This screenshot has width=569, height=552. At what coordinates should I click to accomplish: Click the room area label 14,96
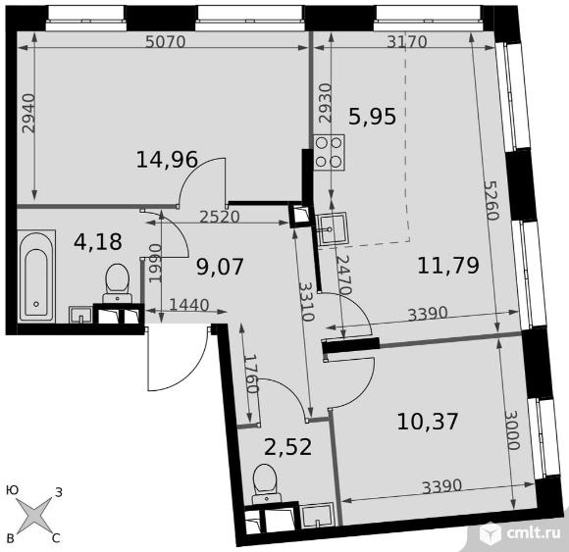pos(167,160)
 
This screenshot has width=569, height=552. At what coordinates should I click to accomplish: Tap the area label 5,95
pos(372,117)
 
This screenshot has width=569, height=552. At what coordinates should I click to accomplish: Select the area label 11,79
pos(448,265)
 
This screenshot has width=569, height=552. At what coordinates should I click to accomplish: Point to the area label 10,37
pos(428,422)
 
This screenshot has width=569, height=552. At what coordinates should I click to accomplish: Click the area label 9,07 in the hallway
pos(220,267)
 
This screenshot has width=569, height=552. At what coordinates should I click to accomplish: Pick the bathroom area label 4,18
pos(98,242)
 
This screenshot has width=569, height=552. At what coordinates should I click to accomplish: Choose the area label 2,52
pos(287,447)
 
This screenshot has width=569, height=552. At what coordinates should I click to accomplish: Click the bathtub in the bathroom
pos(36,276)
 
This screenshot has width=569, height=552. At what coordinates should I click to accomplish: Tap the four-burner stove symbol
pos(330,152)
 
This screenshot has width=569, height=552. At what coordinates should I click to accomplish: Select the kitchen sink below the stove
pos(332,228)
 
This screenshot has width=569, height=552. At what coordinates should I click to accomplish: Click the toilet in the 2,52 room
pos(267,483)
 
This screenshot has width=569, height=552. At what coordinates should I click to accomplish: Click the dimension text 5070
pos(166,42)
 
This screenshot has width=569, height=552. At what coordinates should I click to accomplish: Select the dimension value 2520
pos(220,217)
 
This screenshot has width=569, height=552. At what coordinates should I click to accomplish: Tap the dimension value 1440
pos(189,305)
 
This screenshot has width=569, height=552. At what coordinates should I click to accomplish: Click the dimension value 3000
pos(513,430)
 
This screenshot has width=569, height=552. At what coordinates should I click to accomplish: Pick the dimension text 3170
pos(407,42)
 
